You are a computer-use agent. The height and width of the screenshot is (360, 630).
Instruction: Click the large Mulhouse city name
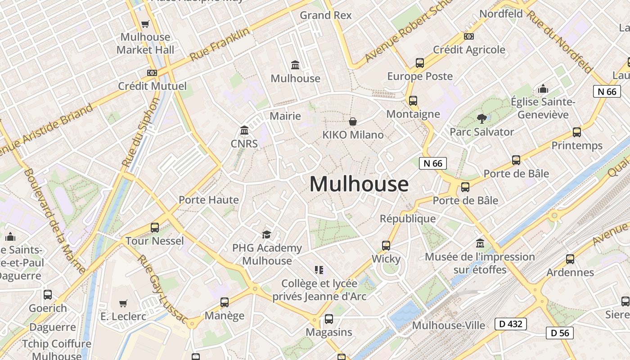[359, 184]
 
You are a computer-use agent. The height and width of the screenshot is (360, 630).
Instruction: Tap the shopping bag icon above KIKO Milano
[353, 121]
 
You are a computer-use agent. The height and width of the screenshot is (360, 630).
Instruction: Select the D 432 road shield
[510, 324]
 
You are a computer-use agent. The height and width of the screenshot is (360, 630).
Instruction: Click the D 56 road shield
[559, 333]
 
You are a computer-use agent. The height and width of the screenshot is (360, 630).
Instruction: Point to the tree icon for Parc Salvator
[482, 119]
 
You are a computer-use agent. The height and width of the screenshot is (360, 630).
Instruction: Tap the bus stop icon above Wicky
[386, 245]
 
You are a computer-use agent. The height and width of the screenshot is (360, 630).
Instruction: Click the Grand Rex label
[325, 15]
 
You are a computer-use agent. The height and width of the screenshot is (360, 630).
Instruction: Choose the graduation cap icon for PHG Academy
[267, 234]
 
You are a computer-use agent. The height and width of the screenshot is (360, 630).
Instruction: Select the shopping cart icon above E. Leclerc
[123, 303]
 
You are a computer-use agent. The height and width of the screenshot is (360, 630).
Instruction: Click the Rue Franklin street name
[220, 45]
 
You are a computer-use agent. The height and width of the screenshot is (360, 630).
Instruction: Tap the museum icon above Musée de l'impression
[480, 243]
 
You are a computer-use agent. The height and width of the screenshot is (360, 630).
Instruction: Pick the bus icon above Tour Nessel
[155, 227]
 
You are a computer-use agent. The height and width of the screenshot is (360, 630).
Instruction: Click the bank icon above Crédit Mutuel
[152, 72]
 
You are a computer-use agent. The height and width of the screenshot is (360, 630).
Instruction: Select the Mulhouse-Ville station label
[448, 325]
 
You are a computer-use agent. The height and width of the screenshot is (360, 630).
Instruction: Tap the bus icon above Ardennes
[570, 259]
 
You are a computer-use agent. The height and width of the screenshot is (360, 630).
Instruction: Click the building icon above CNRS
[244, 130]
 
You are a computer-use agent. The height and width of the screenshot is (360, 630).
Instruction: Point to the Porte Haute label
[208, 200]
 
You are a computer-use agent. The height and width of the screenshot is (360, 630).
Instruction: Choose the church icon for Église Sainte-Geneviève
[543, 89]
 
